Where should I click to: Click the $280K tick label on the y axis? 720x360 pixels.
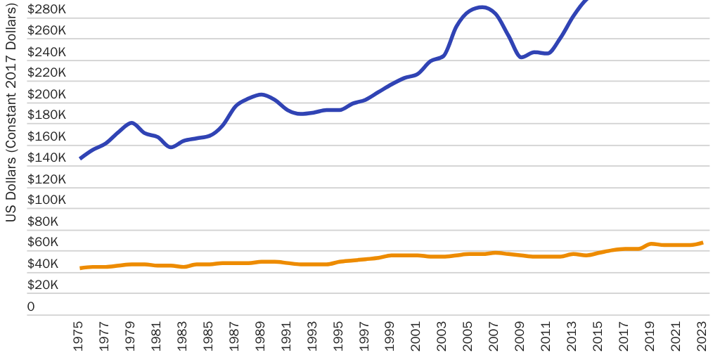pos(46,10)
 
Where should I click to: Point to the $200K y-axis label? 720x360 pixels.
pos(46,94)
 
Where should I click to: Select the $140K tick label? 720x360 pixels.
pos(46,158)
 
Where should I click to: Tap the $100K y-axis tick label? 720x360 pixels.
pos(46,200)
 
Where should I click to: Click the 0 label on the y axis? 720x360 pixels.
pos(31,307)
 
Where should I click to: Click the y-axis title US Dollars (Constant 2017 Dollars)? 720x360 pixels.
pos(11,112)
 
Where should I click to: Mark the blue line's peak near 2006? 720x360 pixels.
pos(482,8)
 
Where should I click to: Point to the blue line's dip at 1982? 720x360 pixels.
pos(171,147)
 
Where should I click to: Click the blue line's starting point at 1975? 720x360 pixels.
pos(80,158)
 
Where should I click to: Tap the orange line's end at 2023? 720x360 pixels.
pos(702,243)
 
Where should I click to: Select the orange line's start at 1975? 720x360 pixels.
pos(80,268)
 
